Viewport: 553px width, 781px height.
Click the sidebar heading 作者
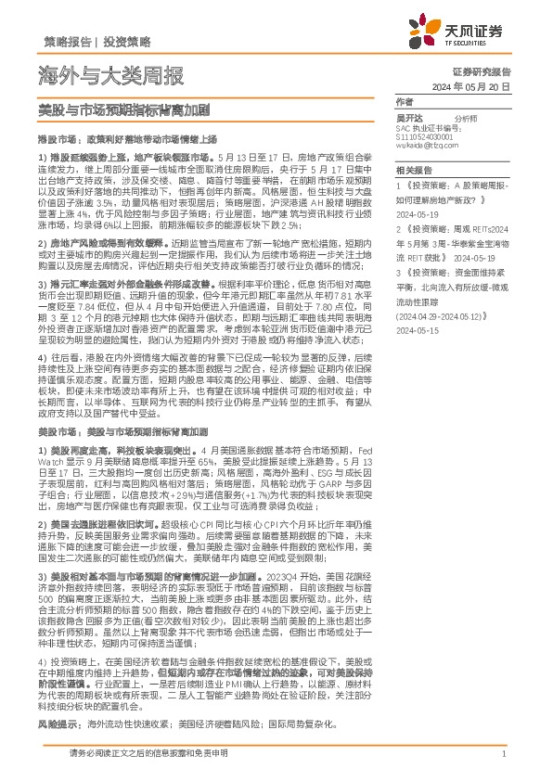[x=404, y=101]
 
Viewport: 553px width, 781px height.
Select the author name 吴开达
[x=409, y=119]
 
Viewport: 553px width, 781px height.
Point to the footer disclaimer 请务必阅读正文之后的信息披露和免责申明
[x=140, y=754]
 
